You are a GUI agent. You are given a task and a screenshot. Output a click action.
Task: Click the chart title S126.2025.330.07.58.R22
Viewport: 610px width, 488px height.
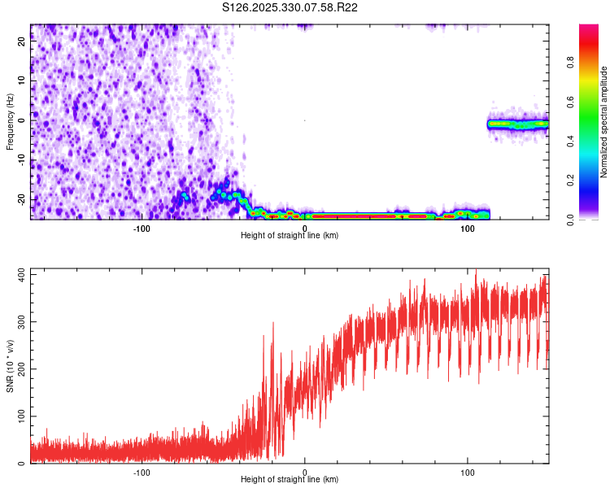coord(290,7)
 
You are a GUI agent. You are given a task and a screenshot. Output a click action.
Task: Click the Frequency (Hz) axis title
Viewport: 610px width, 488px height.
coord(10,121)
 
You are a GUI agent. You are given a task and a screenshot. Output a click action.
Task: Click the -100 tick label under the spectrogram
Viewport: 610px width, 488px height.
coord(142,228)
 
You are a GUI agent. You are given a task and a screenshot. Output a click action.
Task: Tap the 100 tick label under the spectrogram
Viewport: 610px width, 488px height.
coord(468,228)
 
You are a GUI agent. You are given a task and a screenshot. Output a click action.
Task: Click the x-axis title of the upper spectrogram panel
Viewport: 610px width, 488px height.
coord(290,235)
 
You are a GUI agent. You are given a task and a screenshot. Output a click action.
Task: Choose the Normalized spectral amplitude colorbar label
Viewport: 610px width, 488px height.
coord(604,121)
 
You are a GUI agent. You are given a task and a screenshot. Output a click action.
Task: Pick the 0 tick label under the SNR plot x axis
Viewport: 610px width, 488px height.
coord(305,472)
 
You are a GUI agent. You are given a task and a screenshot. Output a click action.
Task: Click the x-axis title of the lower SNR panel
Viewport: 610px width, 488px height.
coord(290,479)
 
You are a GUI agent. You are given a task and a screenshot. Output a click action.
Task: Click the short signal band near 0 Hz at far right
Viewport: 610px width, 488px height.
coord(518,124)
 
